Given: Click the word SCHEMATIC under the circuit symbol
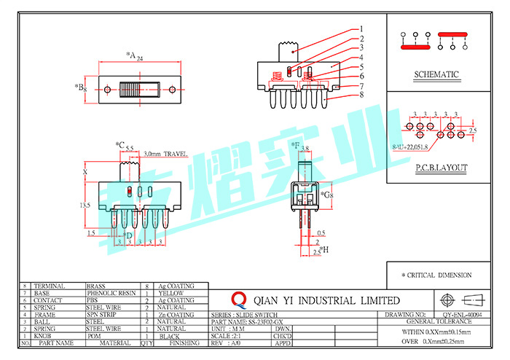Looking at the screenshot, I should [436, 74].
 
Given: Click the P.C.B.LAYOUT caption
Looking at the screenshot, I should [442, 168].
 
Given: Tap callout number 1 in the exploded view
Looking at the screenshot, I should [361, 30].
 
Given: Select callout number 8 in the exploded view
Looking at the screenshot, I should [361, 95].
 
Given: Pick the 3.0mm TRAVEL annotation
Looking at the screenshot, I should [167, 154].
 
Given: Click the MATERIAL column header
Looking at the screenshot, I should [115, 343].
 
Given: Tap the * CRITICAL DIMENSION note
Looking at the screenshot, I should [436, 275].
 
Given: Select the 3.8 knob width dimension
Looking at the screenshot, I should [305, 149].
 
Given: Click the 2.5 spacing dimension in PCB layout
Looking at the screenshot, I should [472, 130].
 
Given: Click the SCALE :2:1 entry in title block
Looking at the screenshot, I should [227, 335].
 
